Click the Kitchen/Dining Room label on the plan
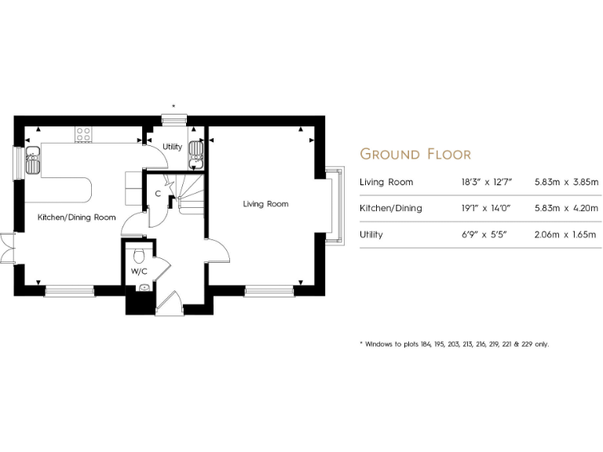tap(77, 217)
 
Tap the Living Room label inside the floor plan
tap(265, 204)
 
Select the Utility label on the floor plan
tap(172, 147)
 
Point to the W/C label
tap(138, 272)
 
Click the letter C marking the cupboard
tap(158, 193)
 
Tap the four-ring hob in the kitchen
tap(83, 135)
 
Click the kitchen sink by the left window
tap(32, 159)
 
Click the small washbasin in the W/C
tap(143, 288)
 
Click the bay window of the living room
tap(336, 202)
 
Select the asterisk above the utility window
tap(174, 106)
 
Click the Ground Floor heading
tap(415, 154)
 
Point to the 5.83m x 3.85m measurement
tap(567, 182)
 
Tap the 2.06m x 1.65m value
tap(567, 235)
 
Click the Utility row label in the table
tap(371, 235)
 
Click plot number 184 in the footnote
tap(426, 344)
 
